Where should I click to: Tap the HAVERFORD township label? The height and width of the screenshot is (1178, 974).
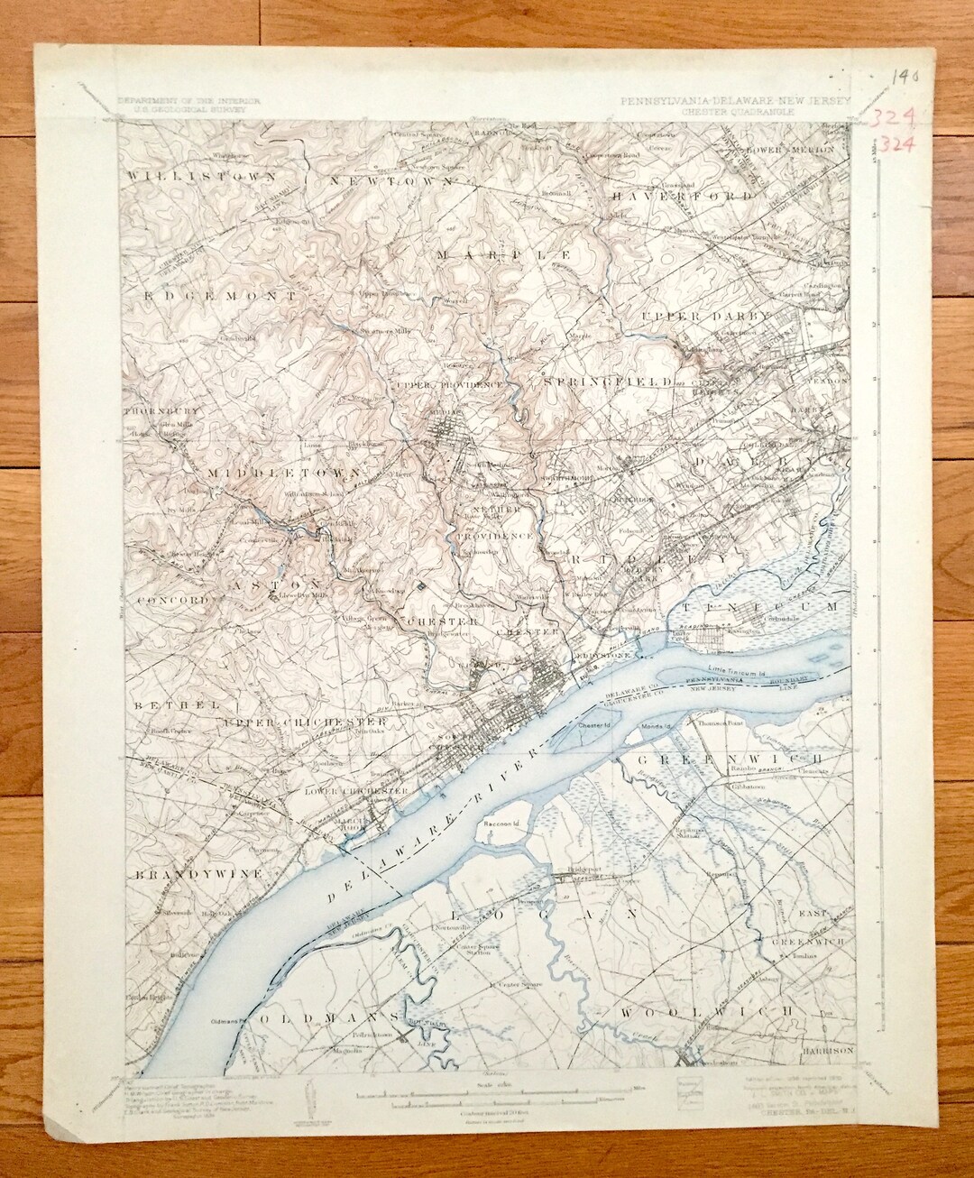point(682,195)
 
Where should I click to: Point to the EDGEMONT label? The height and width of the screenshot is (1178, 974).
point(217,295)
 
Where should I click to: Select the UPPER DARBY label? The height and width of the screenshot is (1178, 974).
point(706,317)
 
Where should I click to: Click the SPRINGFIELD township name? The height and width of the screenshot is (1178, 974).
point(609,382)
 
